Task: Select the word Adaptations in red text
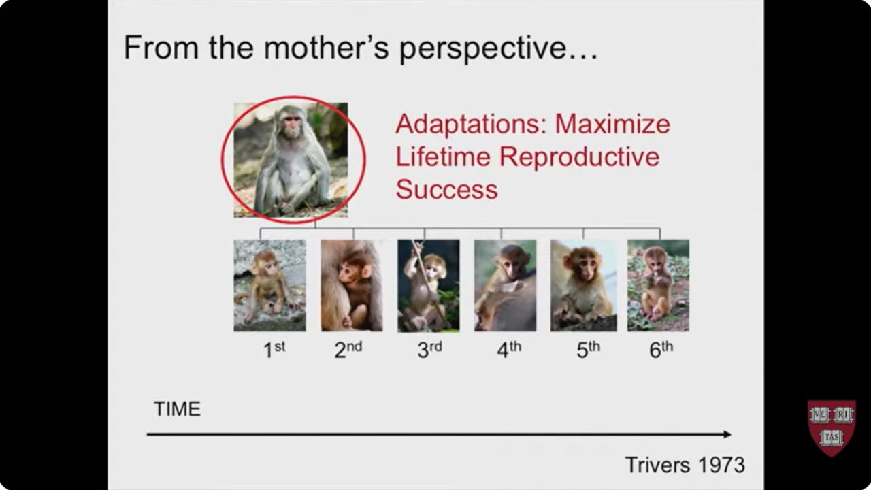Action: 470,125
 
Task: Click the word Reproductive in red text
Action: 579,157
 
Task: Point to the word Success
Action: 446,189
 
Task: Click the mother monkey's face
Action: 292,125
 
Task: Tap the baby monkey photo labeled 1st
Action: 269,285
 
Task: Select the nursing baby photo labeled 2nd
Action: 351,285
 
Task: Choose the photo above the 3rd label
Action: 428,285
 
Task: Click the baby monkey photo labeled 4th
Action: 505,285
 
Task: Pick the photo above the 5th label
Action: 583,285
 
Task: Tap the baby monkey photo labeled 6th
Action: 657,285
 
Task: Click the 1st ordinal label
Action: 274,350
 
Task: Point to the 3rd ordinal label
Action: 429,350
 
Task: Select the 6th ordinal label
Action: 661,350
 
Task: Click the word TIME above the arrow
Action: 177,409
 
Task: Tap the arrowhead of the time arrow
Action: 727,434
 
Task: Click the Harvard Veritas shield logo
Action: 831,427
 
